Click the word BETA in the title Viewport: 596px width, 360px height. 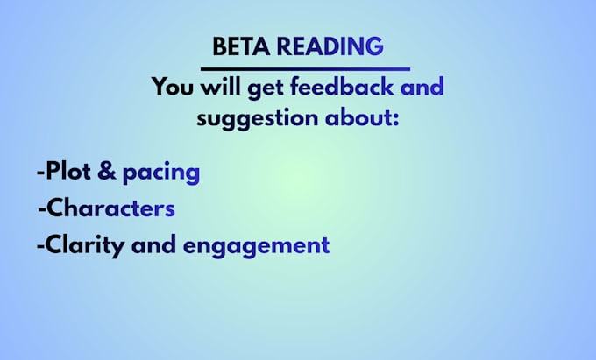[x=241, y=46]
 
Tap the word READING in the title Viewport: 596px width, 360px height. [x=330, y=46]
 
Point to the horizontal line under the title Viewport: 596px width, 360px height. [x=305, y=69]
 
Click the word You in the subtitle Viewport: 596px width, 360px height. [x=173, y=86]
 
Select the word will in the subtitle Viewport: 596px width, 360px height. [x=221, y=86]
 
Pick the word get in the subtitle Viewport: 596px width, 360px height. [x=266, y=88]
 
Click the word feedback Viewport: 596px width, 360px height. [x=342, y=86]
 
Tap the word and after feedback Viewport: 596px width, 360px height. [x=422, y=86]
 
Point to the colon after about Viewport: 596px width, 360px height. [x=395, y=119]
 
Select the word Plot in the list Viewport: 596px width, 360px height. [x=68, y=171]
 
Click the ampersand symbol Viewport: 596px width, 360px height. [x=106, y=171]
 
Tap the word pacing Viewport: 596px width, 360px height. [x=161, y=174]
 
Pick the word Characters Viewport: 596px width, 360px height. [x=110, y=208]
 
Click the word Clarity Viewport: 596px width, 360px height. [x=85, y=246]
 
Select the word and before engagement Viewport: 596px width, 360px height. [x=153, y=244]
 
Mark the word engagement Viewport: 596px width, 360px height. [x=256, y=247]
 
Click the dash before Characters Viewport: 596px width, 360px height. [x=42, y=209]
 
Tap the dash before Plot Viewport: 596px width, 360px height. [x=41, y=173]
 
